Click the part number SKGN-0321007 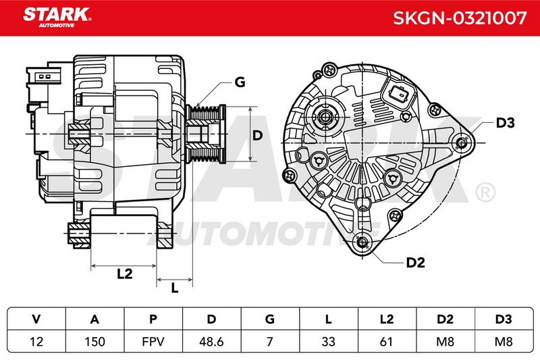[460, 18]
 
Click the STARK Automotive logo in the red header [57, 18]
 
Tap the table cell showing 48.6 [211, 341]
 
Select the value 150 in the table [94, 341]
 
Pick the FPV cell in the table [153, 341]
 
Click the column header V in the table [36, 319]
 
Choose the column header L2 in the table [387, 319]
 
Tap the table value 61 [386, 341]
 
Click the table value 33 [328, 341]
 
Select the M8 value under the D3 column [504, 341]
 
